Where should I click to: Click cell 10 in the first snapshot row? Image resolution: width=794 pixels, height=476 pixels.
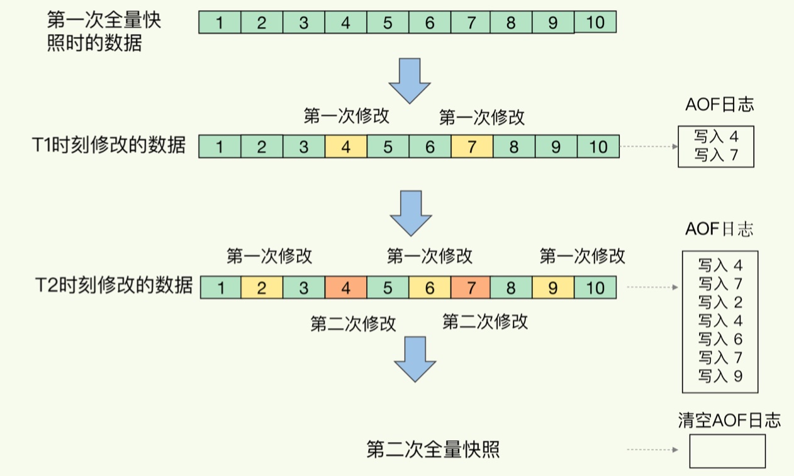click(595, 23)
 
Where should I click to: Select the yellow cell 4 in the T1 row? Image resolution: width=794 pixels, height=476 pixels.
click(346, 147)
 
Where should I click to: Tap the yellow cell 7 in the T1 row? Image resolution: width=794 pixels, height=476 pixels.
click(472, 147)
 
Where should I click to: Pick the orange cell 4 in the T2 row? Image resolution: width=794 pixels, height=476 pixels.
click(345, 288)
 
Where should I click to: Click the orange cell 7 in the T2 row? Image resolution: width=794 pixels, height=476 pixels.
click(471, 288)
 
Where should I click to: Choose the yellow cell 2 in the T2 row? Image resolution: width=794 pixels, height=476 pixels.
click(262, 288)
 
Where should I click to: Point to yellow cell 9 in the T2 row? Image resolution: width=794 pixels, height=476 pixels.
click(553, 288)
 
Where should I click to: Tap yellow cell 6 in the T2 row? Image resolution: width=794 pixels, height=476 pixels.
click(430, 288)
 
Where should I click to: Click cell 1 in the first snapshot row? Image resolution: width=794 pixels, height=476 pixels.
click(220, 23)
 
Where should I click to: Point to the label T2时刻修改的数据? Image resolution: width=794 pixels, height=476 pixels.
click(113, 286)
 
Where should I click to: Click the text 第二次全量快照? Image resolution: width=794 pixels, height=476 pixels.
click(433, 450)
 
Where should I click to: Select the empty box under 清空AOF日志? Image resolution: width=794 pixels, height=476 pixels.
click(727, 451)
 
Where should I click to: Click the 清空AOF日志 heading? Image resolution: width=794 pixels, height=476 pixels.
click(729, 420)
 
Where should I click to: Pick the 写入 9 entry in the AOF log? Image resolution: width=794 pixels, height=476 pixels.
click(720, 376)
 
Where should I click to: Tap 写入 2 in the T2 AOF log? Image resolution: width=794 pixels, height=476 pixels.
click(720, 302)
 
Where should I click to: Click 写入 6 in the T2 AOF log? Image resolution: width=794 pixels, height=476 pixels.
click(720, 339)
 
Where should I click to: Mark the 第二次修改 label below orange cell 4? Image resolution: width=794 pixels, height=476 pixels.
click(353, 324)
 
